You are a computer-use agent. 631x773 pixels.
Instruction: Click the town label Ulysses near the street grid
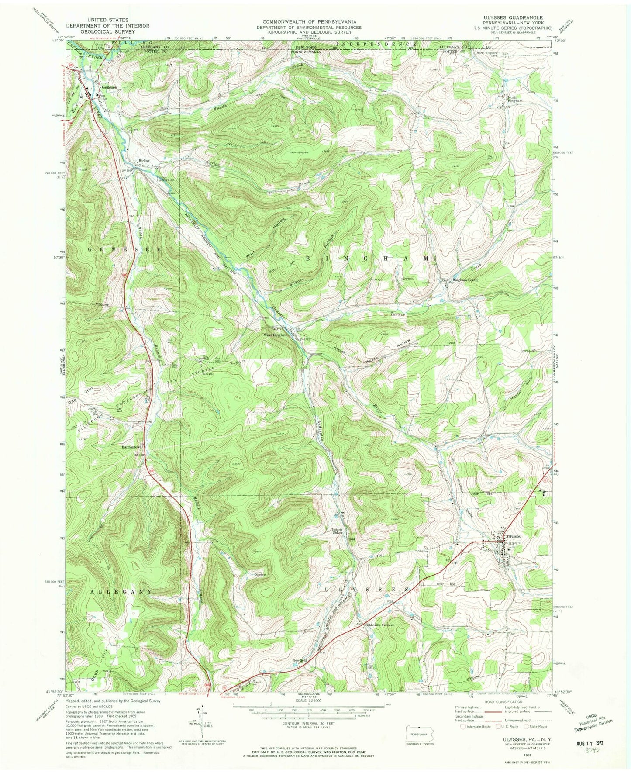[513, 536]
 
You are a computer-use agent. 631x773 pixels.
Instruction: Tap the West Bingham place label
[276, 335]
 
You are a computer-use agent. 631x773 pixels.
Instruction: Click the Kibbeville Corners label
[379, 625]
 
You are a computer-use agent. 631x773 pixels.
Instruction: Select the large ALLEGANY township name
[121, 591]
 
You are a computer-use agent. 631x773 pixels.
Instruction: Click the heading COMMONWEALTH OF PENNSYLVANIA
[309, 21]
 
